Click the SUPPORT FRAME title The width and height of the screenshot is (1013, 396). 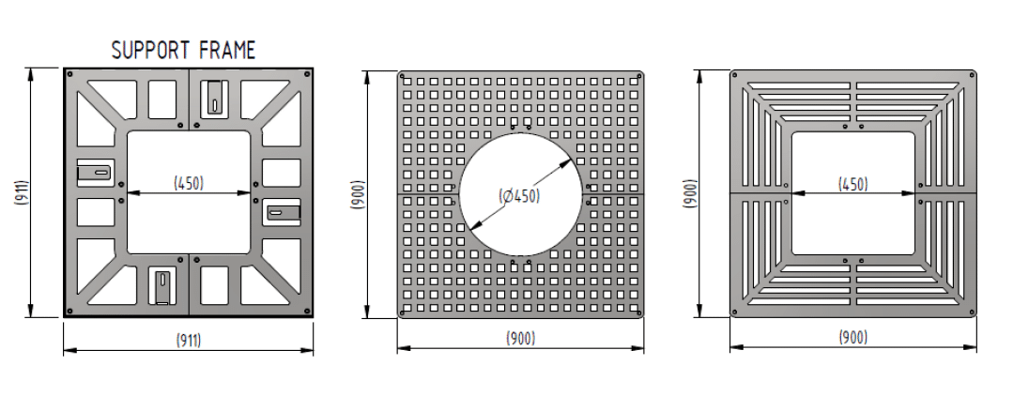(x=183, y=51)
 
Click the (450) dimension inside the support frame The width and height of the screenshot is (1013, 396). (x=189, y=183)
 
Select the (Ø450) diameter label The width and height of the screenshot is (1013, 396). (x=519, y=196)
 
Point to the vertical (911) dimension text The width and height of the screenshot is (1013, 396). (x=21, y=192)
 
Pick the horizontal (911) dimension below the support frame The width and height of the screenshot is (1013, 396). (x=188, y=339)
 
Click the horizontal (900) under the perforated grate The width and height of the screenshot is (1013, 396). (x=520, y=338)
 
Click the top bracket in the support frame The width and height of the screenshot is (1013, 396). (x=215, y=96)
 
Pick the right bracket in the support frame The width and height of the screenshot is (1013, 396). (x=283, y=212)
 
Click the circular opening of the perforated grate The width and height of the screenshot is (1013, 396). (x=521, y=150)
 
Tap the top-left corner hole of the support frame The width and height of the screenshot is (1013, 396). (x=69, y=72)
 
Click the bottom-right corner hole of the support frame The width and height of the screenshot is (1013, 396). (x=306, y=311)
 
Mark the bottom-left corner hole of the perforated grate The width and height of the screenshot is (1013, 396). (x=404, y=312)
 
